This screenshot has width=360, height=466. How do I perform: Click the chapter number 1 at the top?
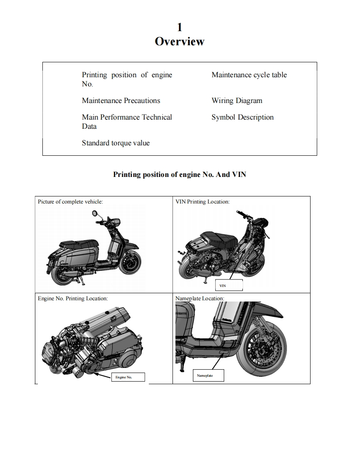pyautogui.click(x=180, y=27)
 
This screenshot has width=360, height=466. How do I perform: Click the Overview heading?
pyautogui.click(x=180, y=42)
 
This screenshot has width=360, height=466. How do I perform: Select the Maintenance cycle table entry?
pyautogui.click(x=249, y=75)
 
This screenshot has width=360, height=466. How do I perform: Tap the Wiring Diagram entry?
pyautogui.click(x=237, y=101)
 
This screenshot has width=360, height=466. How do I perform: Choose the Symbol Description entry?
pyautogui.click(x=242, y=117)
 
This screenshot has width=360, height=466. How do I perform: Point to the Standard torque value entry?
pyautogui.click(x=116, y=143)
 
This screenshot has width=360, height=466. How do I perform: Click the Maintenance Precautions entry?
pyautogui.click(x=121, y=101)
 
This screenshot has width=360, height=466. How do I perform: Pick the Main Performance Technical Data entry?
pyautogui.click(x=127, y=122)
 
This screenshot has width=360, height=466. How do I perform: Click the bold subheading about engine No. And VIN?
pyautogui.click(x=180, y=174)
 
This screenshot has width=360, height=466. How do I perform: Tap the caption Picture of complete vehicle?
pyautogui.click(x=70, y=202)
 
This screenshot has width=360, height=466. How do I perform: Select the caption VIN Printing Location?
pyautogui.click(x=202, y=202)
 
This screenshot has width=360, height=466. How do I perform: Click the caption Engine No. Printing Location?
pyautogui.click(x=73, y=299)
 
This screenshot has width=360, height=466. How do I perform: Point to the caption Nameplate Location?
pyautogui.click(x=200, y=299)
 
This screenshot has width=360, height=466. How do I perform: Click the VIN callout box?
pyautogui.click(x=229, y=286)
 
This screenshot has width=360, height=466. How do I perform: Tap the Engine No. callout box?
pyautogui.click(x=128, y=377)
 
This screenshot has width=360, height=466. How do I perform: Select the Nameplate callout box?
pyautogui.click(x=208, y=375)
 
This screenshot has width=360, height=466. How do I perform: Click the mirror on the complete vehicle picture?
pyautogui.click(x=96, y=214)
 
